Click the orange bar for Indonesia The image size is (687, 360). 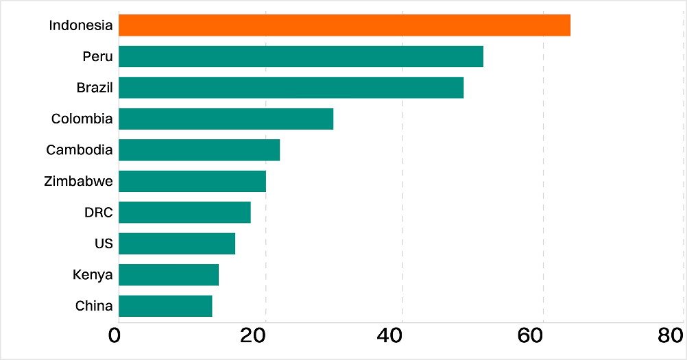tap(344, 25)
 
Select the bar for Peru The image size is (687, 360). tap(300, 56)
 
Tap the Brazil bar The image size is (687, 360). tap(291, 88)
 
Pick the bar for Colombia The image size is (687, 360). tap(226, 119)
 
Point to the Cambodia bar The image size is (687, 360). tap(199, 150)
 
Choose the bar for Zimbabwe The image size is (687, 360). tap(192, 181)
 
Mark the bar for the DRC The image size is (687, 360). tap(184, 213)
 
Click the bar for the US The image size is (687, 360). tap(177, 243)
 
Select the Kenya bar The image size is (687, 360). tap(169, 275)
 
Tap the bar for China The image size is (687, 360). tap(165, 306)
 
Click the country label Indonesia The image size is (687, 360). tap(81, 25)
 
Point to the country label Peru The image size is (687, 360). tap(97, 56)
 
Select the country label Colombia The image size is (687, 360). tap(82, 119)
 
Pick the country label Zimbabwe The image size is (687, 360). tap(77, 181)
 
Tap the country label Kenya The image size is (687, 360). tap(93, 275)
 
